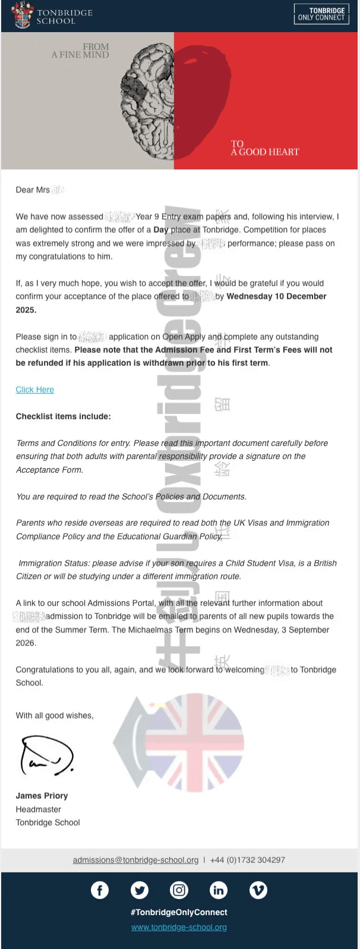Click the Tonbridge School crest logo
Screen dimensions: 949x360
tap(23, 15)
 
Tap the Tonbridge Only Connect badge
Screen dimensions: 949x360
tap(321, 14)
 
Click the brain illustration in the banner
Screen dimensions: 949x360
tap(149, 101)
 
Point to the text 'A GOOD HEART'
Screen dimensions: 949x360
tap(265, 152)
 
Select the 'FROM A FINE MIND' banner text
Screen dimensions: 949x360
tap(80, 50)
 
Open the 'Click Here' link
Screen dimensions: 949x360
tap(34, 390)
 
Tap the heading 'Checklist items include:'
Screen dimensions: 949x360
tap(63, 416)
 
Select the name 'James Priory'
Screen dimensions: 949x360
tap(42, 796)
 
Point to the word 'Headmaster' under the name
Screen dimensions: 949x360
tap(38, 809)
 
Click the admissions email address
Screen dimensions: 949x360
tap(135, 860)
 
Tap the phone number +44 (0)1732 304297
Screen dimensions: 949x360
tap(248, 860)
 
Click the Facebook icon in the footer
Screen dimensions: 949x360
tap(100, 890)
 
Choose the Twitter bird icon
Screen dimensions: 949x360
tap(140, 890)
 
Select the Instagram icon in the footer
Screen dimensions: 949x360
tap(179, 890)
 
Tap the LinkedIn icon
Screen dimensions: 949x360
tap(219, 890)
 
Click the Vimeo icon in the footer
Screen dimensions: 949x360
tap(258, 890)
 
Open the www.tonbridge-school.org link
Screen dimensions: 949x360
tap(179, 927)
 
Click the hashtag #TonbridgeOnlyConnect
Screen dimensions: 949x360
tap(179, 912)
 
